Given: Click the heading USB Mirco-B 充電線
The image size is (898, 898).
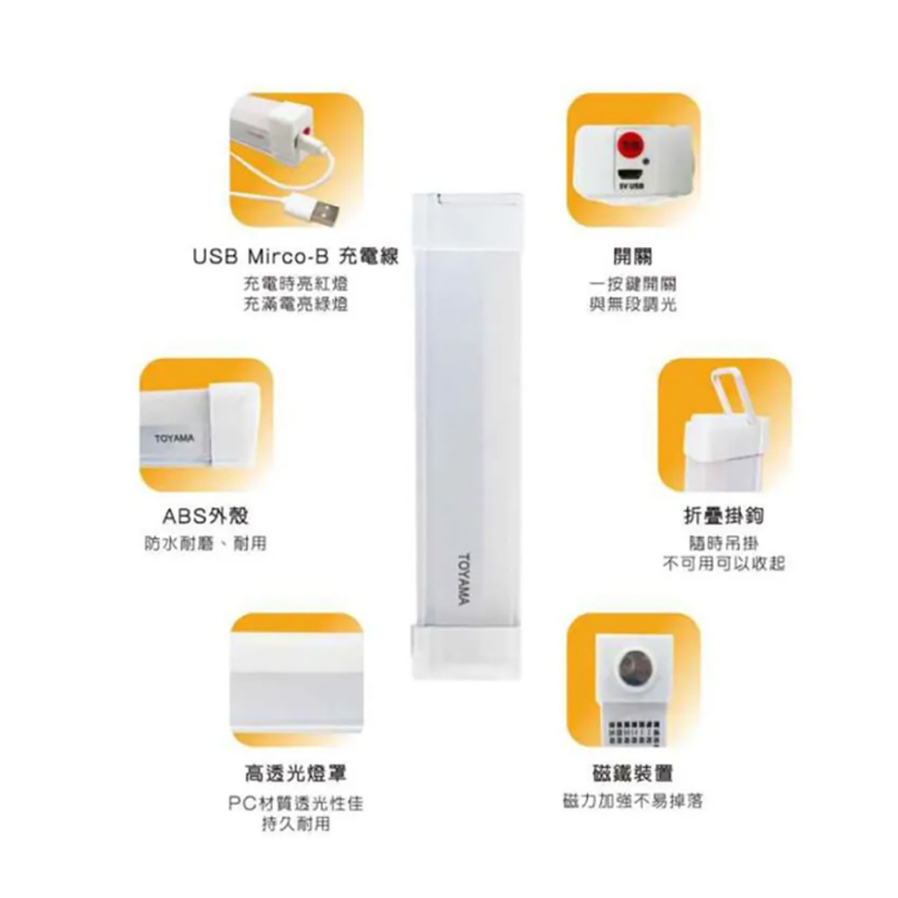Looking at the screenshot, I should pyautogui.click(x=295, y=257).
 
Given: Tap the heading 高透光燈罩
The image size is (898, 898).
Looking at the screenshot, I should pyautogui.click(x=296, y=773).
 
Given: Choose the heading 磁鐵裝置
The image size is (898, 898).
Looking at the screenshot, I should pyautogui.click(x=633, y=773).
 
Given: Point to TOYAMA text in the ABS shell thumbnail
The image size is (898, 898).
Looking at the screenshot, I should pyautogui.click(x=173, y=437).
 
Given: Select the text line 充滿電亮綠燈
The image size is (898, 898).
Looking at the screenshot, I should pyautogui.click(x=295, y=305).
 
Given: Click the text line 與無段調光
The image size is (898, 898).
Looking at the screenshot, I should pyautogui.click(x=628, y=305).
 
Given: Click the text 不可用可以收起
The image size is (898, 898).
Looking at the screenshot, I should pyautogui.click(x=724, y=563).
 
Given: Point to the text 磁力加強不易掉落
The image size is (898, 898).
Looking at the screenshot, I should pyautogui.click(x=633, y=800).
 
